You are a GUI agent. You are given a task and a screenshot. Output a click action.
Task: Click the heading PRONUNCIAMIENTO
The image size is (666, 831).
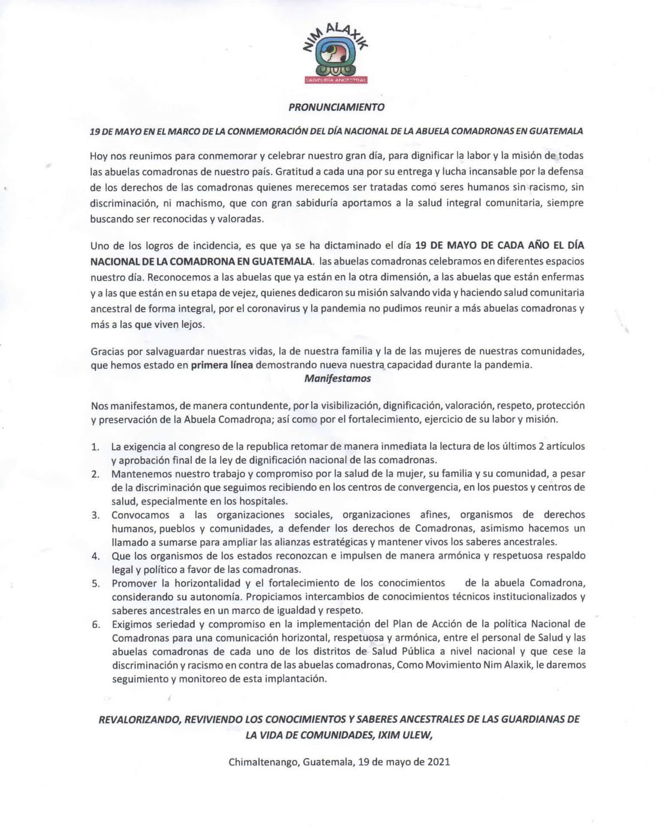coord(336,106)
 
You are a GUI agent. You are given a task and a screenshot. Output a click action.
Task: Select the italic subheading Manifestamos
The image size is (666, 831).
coord(337,379)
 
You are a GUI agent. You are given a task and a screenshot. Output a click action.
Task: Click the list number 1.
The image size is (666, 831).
coord(95,447)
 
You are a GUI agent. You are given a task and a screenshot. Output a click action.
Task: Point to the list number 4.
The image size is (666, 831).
coord(95,556)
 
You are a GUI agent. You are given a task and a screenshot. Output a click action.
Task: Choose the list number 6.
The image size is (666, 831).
coord(95,624)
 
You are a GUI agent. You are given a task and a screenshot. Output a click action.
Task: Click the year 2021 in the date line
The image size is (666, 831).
coord(439,762)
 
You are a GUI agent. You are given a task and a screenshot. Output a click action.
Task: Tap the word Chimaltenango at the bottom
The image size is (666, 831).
coord(263,762)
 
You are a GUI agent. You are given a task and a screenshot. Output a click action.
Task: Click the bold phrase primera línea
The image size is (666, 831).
coord(222,365)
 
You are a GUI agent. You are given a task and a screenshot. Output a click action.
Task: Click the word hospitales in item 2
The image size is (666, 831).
coord(265,501)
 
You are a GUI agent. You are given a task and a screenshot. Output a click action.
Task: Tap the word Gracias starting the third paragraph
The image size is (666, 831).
coord(108,352)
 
